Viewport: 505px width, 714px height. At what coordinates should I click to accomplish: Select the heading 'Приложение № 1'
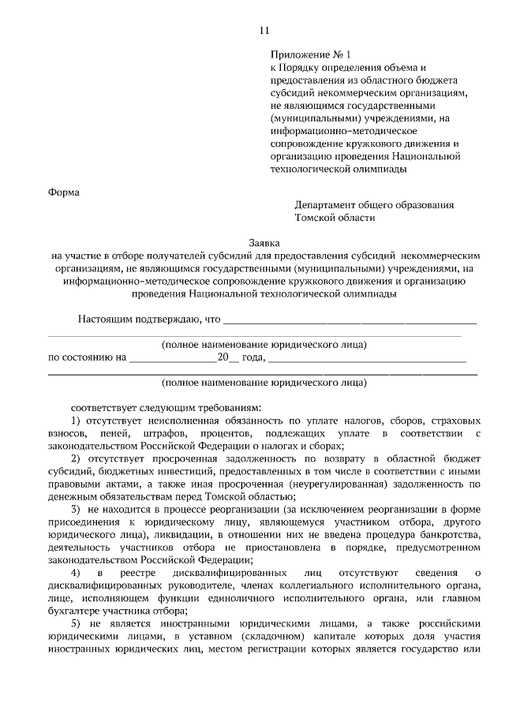coord(309,54)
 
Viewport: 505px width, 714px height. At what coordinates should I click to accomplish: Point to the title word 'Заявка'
coord(264,244)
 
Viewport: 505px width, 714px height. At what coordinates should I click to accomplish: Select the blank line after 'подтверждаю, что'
coord(350,320)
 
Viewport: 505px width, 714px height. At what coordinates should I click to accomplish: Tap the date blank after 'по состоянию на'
coord(173,357)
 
